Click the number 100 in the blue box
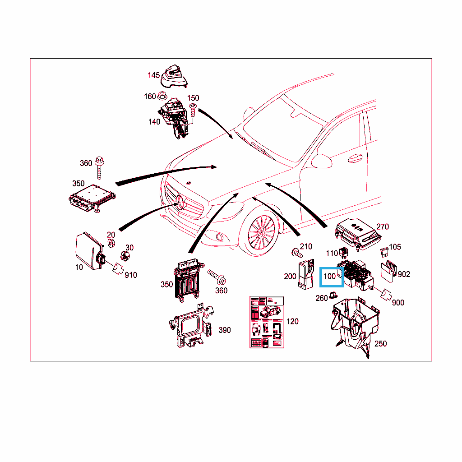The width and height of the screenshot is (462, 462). pos(330,277)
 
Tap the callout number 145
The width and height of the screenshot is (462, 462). pos(153,75)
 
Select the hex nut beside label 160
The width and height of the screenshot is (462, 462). pos(162,96)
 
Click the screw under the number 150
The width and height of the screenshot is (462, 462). pos(193,110)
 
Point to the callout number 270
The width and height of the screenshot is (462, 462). pos(383,226)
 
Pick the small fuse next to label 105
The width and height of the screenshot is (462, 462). pos(384,252)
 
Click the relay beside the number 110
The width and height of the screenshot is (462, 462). pos(343,253)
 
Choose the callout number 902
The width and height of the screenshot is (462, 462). pos(404,274)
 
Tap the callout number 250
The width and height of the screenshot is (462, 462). pos(380,343)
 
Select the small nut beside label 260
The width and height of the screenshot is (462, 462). pos(333,295)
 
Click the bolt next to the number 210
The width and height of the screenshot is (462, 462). pos(297,253)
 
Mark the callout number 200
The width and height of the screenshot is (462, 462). pos(290,277)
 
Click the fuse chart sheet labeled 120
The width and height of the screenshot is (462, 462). pos(267,322)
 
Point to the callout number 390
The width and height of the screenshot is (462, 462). pos(225,330)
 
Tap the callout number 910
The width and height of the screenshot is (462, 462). pos(131,275)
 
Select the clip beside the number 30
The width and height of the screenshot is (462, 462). pos(125,256)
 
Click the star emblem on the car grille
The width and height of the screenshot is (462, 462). pos(180,203)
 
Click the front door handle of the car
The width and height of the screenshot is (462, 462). pos(355,158)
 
